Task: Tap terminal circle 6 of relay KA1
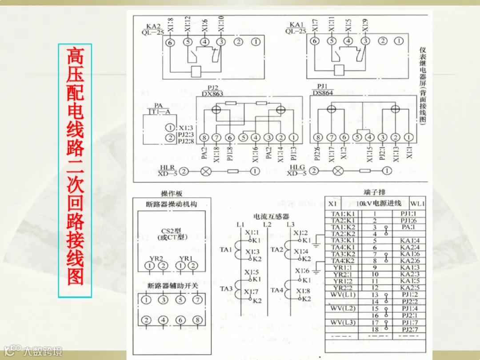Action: tap(315, 41)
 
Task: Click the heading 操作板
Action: tap(172, 194)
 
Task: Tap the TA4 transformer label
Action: tap(277, 291)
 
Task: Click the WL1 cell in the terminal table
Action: tap(418, 204)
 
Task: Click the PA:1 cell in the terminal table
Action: tap(408, 227)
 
